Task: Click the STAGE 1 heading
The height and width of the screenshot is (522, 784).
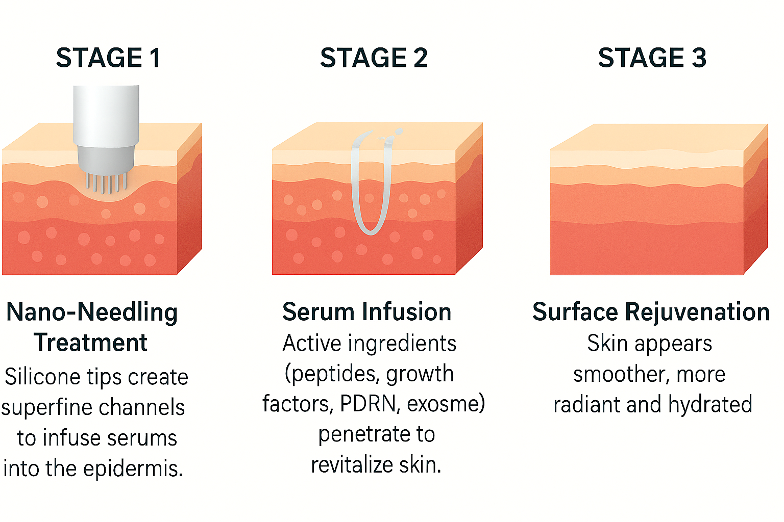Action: pyautogui.click(x=108, y=58)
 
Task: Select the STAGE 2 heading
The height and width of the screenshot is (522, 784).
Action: pyautogui.click(x=374, y=58)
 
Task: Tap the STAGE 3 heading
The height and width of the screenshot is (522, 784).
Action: pyautogui.click(x=652, y=58)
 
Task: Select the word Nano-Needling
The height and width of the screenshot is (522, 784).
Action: pyautogui.click(x=92, y=312)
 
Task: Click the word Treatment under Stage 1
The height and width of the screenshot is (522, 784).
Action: pyautogui.click(x=91, y=343)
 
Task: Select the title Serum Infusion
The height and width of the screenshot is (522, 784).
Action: pyautogui.click(x=366, y=312)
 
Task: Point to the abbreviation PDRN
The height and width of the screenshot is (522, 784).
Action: pyautogui.click(x=368, y=404)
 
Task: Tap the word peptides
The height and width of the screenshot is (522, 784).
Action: pyautogui.click(x=332, y=374)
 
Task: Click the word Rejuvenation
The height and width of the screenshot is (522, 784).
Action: pyautogui.click(x=697, y=312)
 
